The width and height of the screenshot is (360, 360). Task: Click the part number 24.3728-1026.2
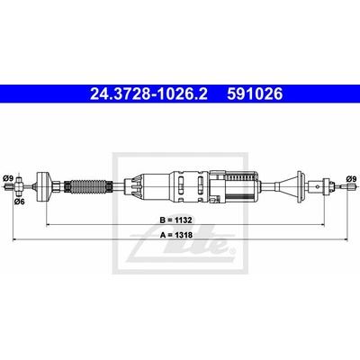point(148,94)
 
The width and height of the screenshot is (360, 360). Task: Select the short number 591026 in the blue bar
point(255,94)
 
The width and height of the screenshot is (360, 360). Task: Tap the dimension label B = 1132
point(175,220)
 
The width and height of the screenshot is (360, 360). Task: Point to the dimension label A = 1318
point(176,235)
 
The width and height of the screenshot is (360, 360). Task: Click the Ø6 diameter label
point(20,202)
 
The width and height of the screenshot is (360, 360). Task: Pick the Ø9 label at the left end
point(8,178)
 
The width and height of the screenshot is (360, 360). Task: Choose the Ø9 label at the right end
point(351,178)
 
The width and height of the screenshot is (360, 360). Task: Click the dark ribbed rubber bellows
point(88,186)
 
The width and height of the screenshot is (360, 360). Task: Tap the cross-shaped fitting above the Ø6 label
point(19,187)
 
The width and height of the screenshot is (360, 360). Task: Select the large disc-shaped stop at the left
point(43,186)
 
